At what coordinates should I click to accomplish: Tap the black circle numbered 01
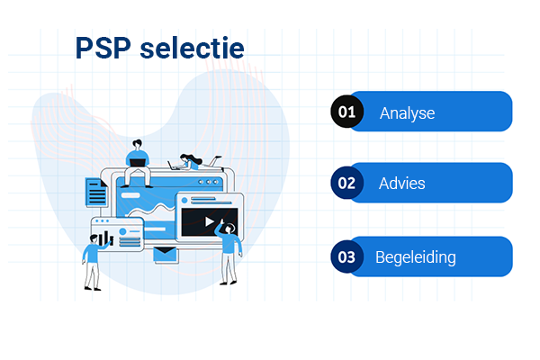pyautogui.click(x=346, y=112)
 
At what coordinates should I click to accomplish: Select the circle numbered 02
pyautogui.click(x=346, y=183)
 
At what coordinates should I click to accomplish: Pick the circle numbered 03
pyautogui.click(x=346, y=256)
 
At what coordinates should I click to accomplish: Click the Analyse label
pyautogui.click(x=407, y=113)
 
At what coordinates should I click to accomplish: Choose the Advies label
pyautogui.click(x=402, y=184)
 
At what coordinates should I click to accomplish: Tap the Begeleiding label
pyautogui.click(x=415, y=257)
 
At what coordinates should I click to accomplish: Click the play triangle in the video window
pyautogui.click(x=209, y=221)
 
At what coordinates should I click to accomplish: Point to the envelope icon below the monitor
pyautogui.click(x=166, y=256)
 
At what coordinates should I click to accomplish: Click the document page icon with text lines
pyautogui.click(x=95, y=192)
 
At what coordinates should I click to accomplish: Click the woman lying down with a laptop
pyautogui.click(x=192, y=163)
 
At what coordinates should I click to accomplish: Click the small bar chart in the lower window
pyautogui.click(x=106, y=238)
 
